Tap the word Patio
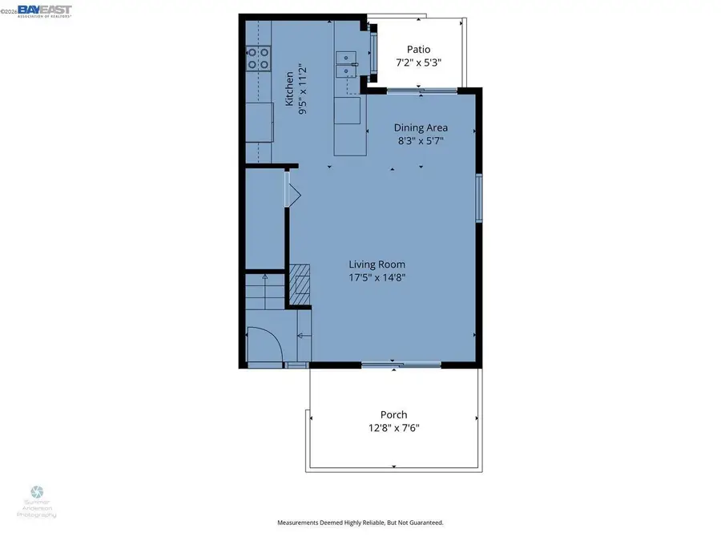pyautogui.click(x=418, y=49)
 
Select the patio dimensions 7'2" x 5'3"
pyautogui.click(x=418, y=63)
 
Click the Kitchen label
pyautogui.click(x=290, y=88)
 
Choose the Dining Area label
pyautogui.click(x=421, y=127)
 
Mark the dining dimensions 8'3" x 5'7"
pyautogui.click(x=421, y=141)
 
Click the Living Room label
pyautogui.click(x=377, y=264)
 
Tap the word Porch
pyautogui.click(x=394, y=414)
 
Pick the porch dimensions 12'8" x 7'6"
pyautogui.click(x=394, y=428)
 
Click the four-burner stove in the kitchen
pyautogui.click(x=257, y=58)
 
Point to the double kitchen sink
pyautogui.click(x=347, y=64)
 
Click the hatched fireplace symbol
pyautogui.click(x=299, y=285)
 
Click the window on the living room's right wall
pyautogui.click(x=478, y=198)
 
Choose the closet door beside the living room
pyautogui.click(x=292, y=193)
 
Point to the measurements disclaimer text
pyautogui.click(x=360, y=523)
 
